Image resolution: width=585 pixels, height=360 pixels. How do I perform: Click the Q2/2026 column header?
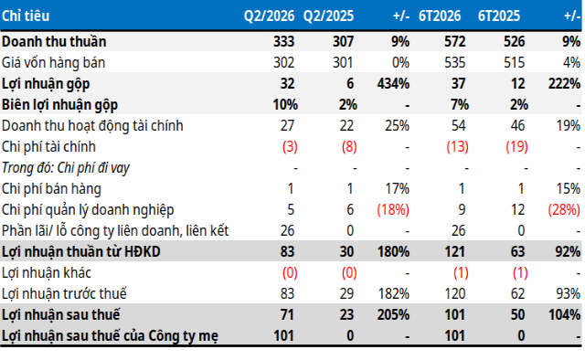click(269, 16)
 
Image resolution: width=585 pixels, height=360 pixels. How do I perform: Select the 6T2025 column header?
click(499, 16)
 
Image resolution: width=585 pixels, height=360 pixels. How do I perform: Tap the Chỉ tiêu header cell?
click(26, 16)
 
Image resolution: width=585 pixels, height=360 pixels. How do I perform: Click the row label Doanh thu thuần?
click(54, 41)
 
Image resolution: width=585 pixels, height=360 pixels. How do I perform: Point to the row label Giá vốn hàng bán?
click(53, 63)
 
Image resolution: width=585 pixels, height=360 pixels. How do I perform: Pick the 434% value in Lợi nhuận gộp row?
click(393, 83)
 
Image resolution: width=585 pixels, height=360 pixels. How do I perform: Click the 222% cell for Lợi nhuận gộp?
click(564, 83)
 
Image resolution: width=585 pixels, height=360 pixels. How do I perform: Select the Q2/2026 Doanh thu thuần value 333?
click(283, 41)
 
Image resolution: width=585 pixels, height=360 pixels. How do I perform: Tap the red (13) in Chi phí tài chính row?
click(457, 146)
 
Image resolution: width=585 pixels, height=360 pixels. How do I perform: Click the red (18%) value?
click(393, 209)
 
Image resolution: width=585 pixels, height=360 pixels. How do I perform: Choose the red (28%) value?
click(564, 209)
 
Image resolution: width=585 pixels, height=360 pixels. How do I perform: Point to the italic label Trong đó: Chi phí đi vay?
click(66, 168)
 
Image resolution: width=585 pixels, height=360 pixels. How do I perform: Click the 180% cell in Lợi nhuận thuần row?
click(393, 252)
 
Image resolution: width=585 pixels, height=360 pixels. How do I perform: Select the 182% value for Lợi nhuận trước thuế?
click(394, 294)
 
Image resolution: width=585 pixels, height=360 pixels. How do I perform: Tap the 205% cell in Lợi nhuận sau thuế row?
click(393, 315)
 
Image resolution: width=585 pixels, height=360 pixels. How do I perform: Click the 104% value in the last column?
click(564, 315)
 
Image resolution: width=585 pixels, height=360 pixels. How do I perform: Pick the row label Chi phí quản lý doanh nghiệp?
click(88, 210)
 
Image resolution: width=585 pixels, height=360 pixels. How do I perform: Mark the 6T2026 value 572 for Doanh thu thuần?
click(455, 41)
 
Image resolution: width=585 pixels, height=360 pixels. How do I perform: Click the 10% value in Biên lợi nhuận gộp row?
click(285, 105)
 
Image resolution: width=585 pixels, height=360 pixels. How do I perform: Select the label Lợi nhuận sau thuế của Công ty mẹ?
click(110, 336)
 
